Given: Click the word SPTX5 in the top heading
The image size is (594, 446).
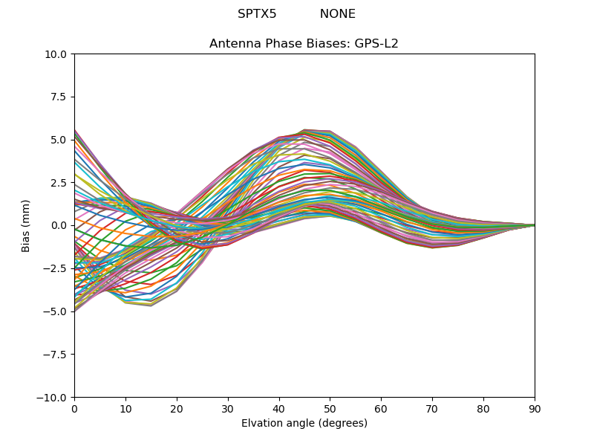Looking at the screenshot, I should pyautogui.click(x=257, y=14).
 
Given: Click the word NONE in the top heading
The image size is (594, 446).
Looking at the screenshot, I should pyautogui.click(x=338, y=14).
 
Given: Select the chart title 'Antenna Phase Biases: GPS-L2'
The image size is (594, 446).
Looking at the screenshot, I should pyautogui.click(x=304, y=44).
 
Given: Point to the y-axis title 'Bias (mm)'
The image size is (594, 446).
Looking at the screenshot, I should pyautogui.click(x=26, y=225).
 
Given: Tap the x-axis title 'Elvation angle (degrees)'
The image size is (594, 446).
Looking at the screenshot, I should pyautogui.click(x=304, y=424).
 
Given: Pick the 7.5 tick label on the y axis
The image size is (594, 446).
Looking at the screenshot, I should pyautogui.click(x=59, y=97).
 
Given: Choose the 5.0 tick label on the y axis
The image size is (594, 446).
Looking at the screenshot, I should pyautogui.click(x=59, y=140).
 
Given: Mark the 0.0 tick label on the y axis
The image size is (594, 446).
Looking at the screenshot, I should pyautogui.click(x=59, y=225).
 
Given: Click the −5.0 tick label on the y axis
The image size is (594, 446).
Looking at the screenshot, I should pyautogui.click(x=56, y=311).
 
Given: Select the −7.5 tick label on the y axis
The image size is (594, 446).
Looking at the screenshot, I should pyautogui.click(x=56, y=354).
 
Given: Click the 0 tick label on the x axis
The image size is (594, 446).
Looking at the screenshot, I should pyautogui.click(x=74, y=408).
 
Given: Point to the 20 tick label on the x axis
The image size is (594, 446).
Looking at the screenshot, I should pyautogui.click(x=177, y=408).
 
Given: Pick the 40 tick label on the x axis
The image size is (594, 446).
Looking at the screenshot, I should pyautogui.click(x=279, y=408).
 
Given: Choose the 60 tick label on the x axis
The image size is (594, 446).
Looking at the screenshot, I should pyautogui.click(x=381, y=408).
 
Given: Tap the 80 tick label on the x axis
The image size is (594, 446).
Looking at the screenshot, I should pyautogui.click(x=483, y=408).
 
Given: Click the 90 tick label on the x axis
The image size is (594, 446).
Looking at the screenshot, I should pyautogui.click(x=535, y=408).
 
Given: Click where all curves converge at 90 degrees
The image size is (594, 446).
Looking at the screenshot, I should pyautogui.click(x=534, y=225).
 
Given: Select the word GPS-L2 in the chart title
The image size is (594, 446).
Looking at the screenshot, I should pyautogui.click(x=378, y=44).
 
